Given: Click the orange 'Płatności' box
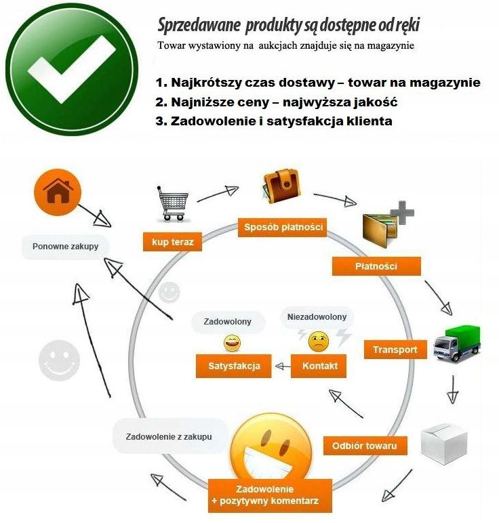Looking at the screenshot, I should [x=376, y=266].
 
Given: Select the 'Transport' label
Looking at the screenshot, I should [x=395, y=350].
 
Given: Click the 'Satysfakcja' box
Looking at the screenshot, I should [x=230, y=367].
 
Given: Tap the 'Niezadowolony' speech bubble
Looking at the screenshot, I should [x=317, y=316].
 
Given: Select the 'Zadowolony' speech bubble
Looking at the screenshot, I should [x=228, y=322].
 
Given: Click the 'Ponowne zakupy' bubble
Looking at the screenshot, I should [x=65, y=247].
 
